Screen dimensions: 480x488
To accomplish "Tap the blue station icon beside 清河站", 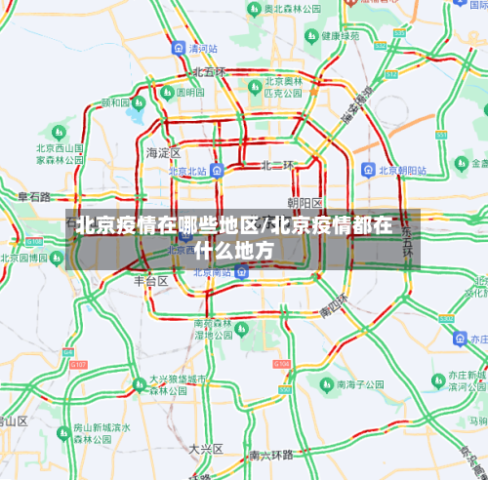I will [178, 48].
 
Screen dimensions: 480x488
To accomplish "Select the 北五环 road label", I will [208, 72].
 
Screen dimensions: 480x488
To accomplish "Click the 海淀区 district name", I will [163, 153].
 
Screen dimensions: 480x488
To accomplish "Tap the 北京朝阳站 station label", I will [402, 170].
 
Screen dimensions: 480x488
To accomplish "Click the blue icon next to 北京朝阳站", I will [367, 170].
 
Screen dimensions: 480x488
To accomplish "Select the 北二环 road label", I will [276, 165].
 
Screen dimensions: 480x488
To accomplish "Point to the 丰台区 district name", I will [151, 280].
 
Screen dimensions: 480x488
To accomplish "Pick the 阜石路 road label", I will [34, 197].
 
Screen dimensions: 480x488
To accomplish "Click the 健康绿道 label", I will [346, 37].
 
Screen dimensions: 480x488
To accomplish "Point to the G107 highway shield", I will [78, 364].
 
